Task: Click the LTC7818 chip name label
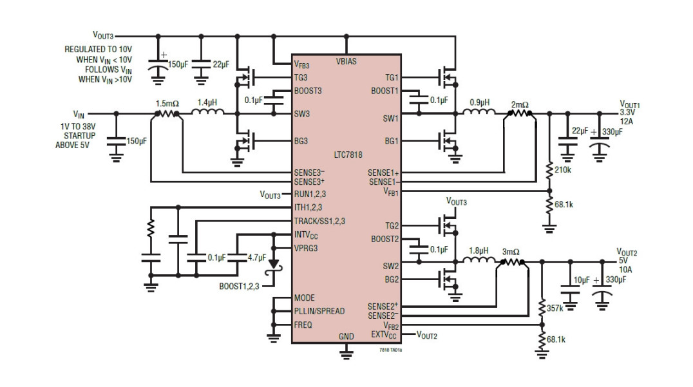(348, 155)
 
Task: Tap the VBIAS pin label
(346, 62)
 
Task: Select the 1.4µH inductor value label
(207, 102)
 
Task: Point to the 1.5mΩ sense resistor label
(167, 102)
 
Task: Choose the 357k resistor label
(555, 308)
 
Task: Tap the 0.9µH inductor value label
(479, 102)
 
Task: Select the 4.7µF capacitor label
(257, 258)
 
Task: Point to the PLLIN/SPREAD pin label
(319, 311)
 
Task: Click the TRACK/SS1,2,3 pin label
(319, 221)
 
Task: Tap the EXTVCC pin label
(384, 335)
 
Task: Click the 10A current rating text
(625, 269)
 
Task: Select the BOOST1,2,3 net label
(239, 286)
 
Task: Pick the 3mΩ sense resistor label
(511, 251)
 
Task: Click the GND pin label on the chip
(346, 337)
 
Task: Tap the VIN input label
(79, 115)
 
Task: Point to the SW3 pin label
(301, 114)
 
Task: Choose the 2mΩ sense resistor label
(520, 104)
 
